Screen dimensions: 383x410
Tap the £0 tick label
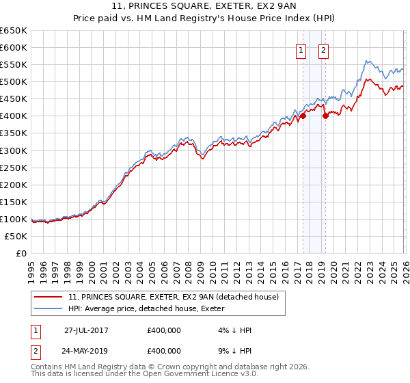21,253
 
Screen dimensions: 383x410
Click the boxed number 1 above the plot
301,49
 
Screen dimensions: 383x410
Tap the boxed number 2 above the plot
323,49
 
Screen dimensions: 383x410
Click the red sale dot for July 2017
303,116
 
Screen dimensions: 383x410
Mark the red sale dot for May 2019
325,116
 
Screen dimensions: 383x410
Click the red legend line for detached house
49,298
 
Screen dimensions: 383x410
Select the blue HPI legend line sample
49,308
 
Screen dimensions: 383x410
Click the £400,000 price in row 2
164,349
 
